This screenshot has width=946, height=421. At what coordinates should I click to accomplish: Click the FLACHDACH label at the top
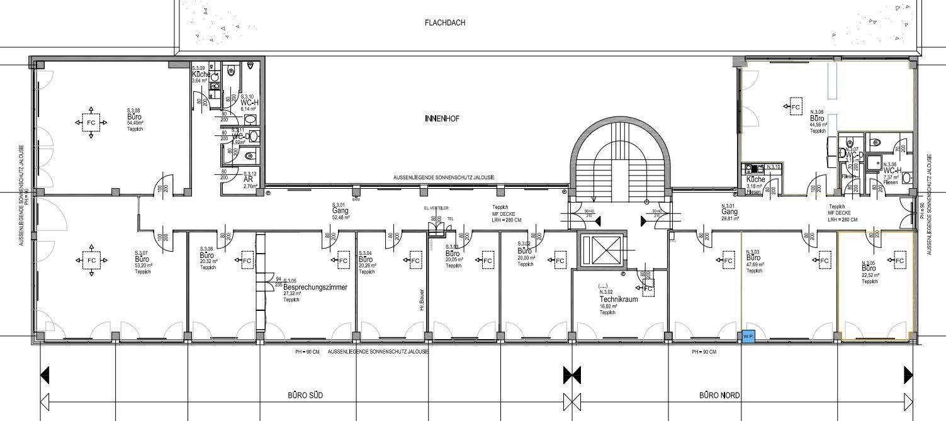(x=445, y=23)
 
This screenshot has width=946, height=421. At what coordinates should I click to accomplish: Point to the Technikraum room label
(x=618, y=300)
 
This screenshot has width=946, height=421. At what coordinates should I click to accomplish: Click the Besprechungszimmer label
(x=312, y=287)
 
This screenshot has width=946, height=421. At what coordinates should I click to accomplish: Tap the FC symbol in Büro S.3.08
(x=91, y=123)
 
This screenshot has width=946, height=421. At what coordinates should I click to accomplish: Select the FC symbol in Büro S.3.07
(x=91, y=260)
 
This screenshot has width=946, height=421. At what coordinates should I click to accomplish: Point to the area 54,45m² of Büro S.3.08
(x=135, y=123)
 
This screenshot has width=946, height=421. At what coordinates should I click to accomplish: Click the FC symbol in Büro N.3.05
(x=899, y=260)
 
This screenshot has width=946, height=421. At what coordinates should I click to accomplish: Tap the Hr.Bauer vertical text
(x=422, y=300)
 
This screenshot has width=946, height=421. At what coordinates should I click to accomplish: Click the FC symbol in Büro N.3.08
(x=796, y=108)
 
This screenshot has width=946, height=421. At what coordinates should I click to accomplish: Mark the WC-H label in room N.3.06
(x=893, y=171)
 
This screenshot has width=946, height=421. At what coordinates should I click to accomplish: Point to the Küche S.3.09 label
(x=201, y=74)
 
